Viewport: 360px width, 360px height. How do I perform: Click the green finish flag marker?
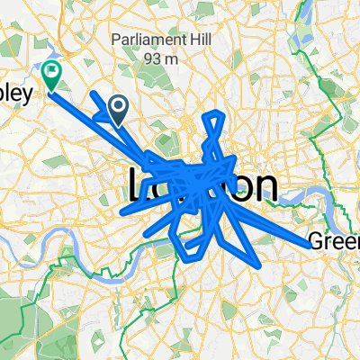click(x=52, y=75)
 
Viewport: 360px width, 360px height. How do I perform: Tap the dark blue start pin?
click(x=118, y=110)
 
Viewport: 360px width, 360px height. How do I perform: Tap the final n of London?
click(x=262, y=187)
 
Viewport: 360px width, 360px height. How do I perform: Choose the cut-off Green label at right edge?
click(x=333, y=241)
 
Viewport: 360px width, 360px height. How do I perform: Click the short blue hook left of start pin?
click(x=96, y=114)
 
